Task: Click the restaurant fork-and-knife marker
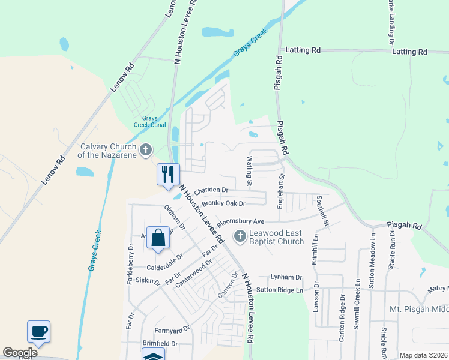[168, 174]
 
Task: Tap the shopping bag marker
[157, 237]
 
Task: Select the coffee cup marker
[38, 331]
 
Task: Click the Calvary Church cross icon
[146, 151]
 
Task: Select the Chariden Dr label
[211, 190]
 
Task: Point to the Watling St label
[250, 171]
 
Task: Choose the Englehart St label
[280, 191]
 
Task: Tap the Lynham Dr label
[286, 277]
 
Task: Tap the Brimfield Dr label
[160, 344]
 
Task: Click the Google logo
[20, 353]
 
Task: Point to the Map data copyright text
[423, 355]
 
